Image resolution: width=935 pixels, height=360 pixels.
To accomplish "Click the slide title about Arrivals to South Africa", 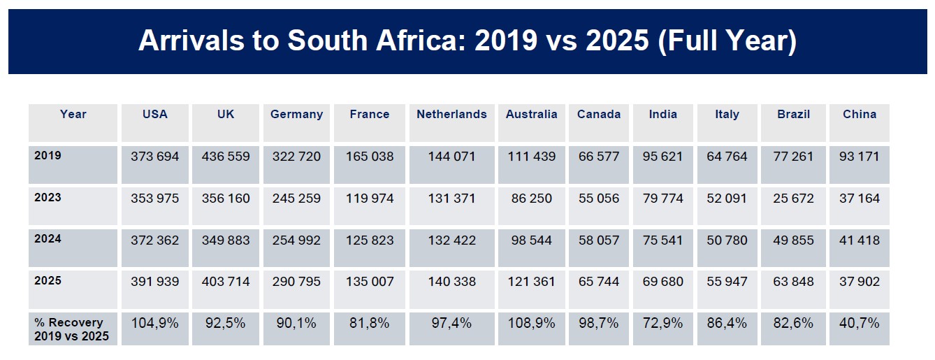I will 467,41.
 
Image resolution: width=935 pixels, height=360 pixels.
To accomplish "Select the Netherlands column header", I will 451,115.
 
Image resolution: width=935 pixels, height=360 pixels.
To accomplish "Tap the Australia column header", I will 531,115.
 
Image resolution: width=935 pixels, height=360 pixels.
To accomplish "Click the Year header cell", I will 73,115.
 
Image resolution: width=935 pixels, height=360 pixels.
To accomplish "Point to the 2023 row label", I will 48,198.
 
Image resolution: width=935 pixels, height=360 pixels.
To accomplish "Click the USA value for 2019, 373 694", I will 154,157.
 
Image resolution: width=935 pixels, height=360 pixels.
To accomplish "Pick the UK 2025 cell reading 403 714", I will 226,282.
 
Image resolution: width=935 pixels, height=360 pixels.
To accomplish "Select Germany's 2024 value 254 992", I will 296,240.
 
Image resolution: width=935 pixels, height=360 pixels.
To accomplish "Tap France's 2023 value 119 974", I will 370,199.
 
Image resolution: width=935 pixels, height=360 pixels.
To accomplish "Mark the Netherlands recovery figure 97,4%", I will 451,324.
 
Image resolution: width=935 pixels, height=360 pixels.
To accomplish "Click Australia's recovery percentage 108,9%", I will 531,324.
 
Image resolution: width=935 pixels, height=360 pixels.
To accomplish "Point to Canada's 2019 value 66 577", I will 598,157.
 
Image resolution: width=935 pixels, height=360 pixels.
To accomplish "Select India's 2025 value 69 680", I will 663,282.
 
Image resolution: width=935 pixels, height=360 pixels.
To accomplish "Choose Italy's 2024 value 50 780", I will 727,240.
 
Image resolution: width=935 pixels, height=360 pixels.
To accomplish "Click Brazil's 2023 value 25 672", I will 793,199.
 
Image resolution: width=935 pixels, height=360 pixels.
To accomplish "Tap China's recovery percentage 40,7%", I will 860,324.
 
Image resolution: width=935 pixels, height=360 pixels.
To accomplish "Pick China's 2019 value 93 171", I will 860,157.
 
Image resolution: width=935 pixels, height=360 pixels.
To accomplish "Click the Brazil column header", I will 793,115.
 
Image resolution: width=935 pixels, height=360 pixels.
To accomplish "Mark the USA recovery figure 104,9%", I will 154,324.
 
